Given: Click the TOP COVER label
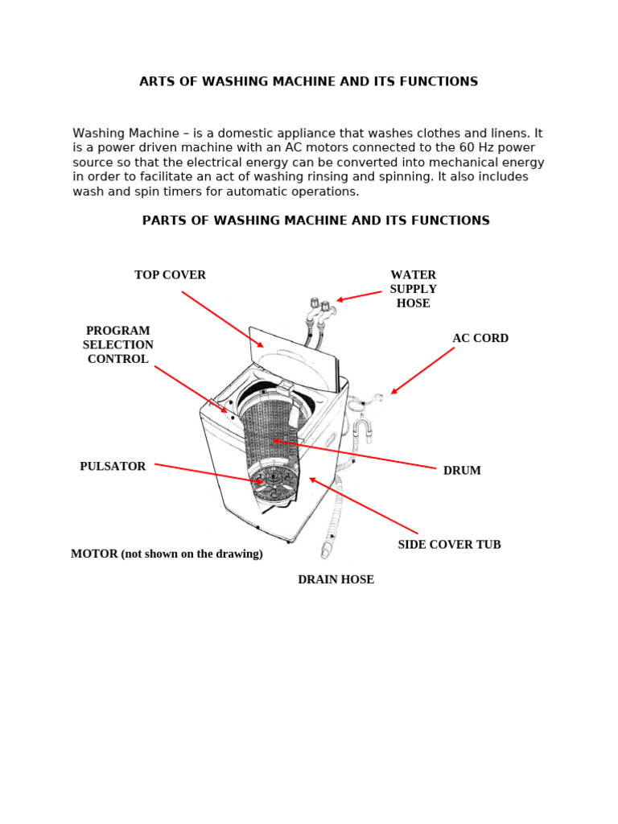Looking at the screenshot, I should point(170,275).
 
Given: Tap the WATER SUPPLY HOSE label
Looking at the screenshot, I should point(413,289).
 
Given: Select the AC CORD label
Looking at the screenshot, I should point(480,339).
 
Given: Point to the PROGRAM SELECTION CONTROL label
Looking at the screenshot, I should point(118,345).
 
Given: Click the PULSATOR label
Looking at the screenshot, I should point(113,467).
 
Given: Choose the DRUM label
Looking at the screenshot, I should point(462,471).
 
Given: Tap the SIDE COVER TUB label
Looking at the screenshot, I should point(449,545).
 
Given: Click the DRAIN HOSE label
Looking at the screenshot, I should point(336,579).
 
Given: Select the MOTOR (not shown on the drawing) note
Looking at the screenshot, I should point(167,554).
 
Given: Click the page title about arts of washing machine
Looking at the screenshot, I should point(308,81).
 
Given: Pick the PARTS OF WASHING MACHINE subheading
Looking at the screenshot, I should point(315,220).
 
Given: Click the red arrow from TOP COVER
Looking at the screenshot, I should point(222,319).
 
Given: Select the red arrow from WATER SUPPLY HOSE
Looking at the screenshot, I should point(359,296).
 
